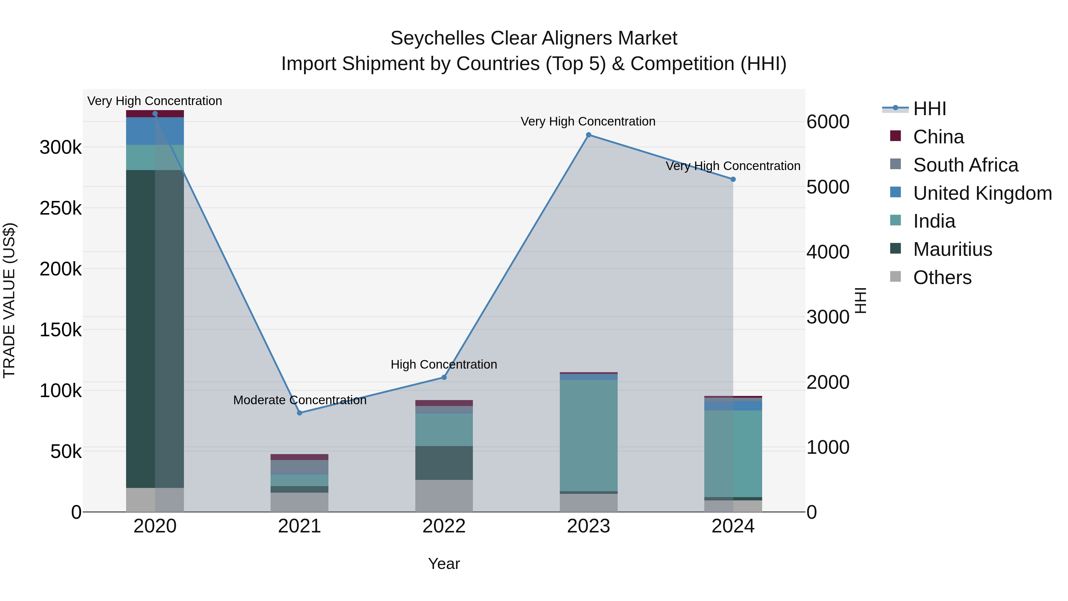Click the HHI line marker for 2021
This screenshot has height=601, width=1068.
click(x=299, y=413)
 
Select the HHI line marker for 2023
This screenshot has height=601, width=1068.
click(x=588, y=135)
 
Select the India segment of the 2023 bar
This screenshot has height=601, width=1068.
click(x=588, y=435)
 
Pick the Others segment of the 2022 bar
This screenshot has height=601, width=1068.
click(x=444, y=496)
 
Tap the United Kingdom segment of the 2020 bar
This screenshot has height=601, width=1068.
click(x=155, y=131)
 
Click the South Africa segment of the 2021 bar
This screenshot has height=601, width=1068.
click(x=299, y=467)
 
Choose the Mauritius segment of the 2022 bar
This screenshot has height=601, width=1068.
click(x=444, y=463)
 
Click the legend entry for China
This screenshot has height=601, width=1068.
click(x=938, y=137)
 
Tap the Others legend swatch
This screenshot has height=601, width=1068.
click(x=896, y=277)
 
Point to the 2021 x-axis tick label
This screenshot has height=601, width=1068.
click(x=299, y=526)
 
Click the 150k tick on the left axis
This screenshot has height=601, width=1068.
click(x=61, y=330)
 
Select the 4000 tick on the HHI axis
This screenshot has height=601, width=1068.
click(x=827, y=252)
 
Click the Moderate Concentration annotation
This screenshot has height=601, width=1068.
click(x=299, y=400)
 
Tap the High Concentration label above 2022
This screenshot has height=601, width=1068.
click(x=444, y=364)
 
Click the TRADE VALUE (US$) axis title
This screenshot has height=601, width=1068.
click(x=9, y=300)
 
